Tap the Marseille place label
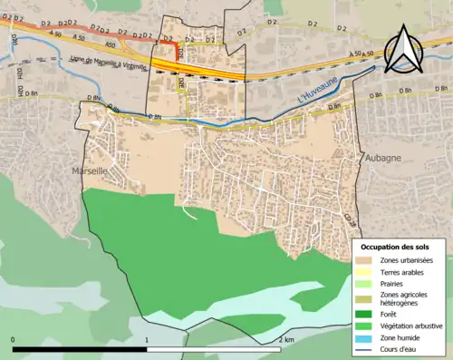pos(89,170)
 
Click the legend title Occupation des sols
pos(395,247)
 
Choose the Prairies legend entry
pos(392,286)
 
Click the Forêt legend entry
pos(390,314)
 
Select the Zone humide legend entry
pos(399,337)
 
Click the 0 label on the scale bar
pos(14,340)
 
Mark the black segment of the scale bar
pos(80,348)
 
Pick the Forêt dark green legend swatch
pos(365,314)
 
